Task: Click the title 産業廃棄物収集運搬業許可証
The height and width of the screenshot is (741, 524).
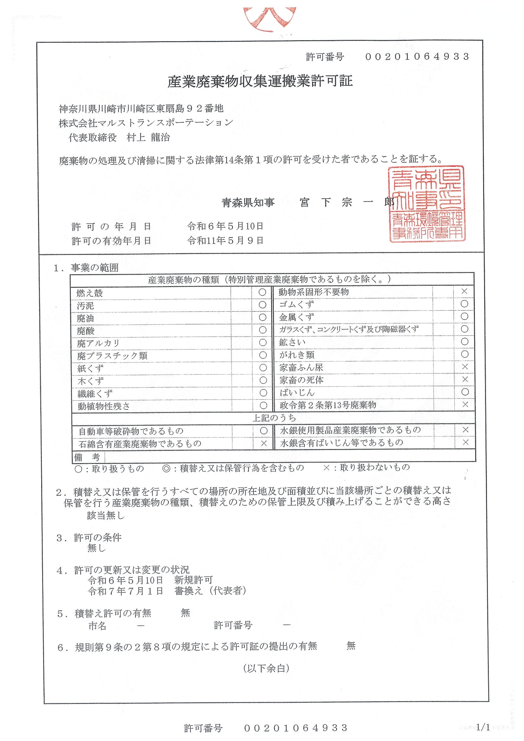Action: [x=260, y=81]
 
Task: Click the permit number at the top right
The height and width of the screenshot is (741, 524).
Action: [x=417, y=57]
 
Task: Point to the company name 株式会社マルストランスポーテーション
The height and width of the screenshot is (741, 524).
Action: [x=146, y=123]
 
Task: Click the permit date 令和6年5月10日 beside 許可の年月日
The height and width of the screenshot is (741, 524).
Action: [x=225, y=226]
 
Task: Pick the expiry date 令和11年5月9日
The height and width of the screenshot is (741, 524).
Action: [x=225, y=240]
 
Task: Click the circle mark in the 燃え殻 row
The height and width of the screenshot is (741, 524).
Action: [x=262, y=292]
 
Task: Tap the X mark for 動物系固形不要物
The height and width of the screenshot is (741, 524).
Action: [x=464, y=291]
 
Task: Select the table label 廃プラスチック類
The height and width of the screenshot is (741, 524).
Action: [x=112, y=356]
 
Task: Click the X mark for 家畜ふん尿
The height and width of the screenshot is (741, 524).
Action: [x=464, y=367]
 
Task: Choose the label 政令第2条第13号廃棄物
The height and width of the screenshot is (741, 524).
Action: [x=328, y=405]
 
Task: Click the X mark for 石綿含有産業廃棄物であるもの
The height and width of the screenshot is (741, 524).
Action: [x=264, y=443]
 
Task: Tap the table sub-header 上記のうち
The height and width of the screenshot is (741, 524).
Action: [x=274, y=418]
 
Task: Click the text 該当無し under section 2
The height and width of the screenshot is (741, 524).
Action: [x=105, y=516]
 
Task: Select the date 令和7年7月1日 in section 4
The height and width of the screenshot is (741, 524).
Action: [x=125, y=591]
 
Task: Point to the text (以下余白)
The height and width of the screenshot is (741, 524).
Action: [x=266, y=668]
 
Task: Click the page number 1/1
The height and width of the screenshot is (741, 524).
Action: [x=483, y=727]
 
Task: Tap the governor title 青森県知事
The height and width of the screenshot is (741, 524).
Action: [x=248, y=202]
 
